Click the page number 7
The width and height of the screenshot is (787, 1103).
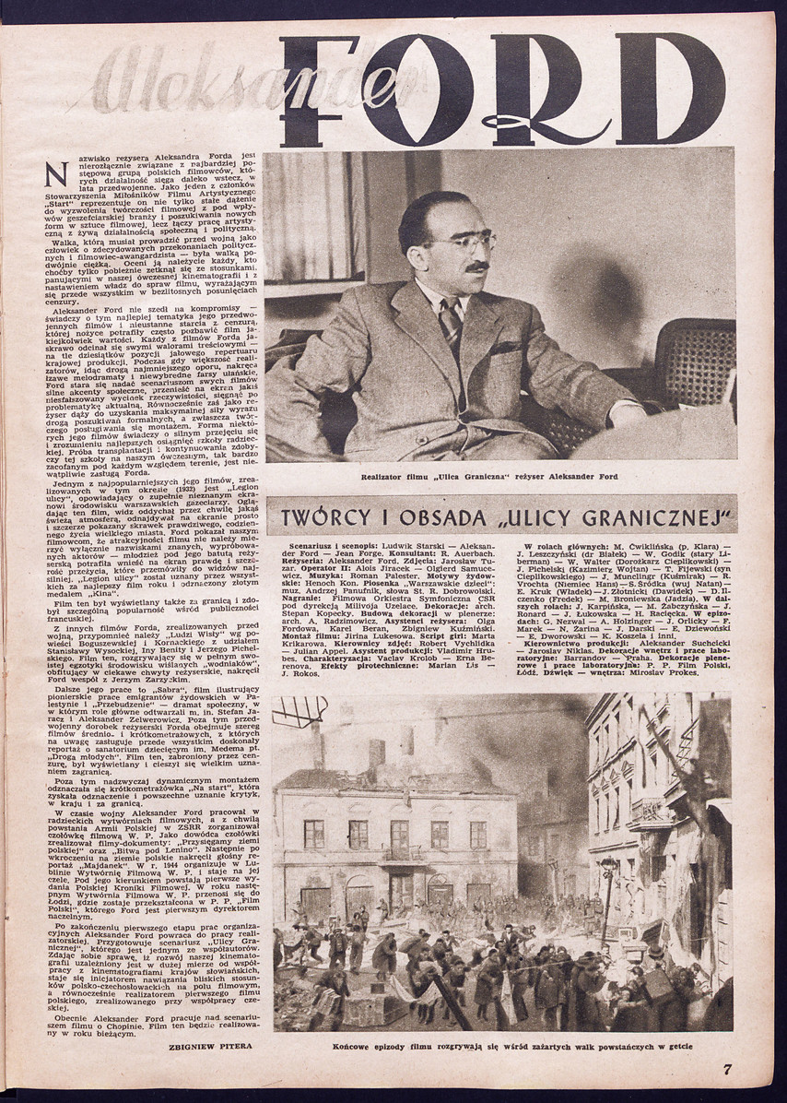pos(727,1069)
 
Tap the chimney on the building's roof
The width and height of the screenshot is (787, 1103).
pos(377,753)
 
